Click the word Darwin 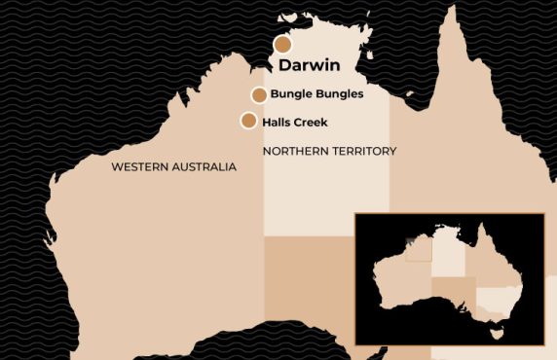click(309, 67)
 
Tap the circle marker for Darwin click(282, 45)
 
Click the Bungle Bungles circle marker click(259, 94)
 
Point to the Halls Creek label click(296, 122)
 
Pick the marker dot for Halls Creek click(248, 121)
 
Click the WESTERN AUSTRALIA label click(173, 167)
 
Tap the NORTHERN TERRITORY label click(330, 151)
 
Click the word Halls click(278, 122)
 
